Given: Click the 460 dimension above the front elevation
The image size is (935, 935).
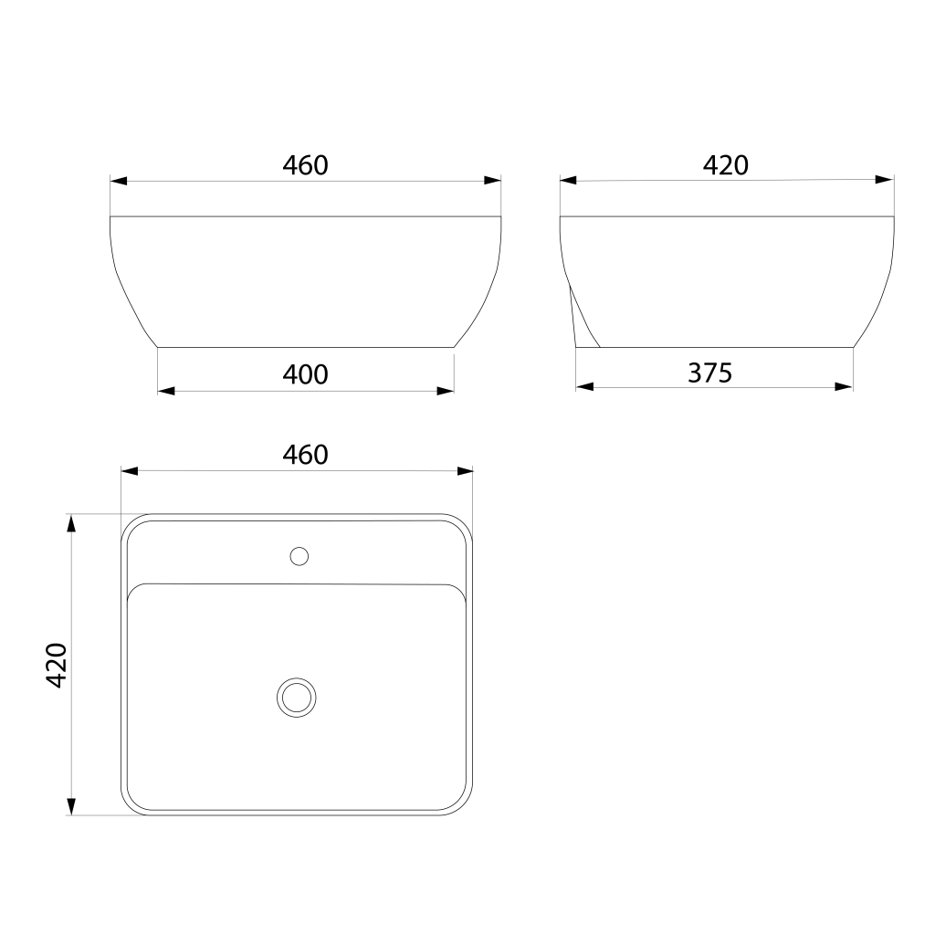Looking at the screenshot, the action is coord(305,165).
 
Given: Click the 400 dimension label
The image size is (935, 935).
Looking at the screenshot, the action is coord(305,374).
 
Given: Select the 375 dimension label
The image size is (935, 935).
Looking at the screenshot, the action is coord(709,373).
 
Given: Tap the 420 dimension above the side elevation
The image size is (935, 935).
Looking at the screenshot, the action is coord(726,165).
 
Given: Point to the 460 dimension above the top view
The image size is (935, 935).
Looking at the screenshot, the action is coord(305,455).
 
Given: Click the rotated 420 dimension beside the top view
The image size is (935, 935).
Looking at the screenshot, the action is coord(57,666).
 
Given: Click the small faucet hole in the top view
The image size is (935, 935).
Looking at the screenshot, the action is coord(299,556).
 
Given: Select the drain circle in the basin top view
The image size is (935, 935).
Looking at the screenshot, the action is coord(297,698).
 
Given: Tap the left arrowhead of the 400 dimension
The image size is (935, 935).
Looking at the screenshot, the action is coord(166,391).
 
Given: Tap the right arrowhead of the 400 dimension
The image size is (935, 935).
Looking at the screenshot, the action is coord(446,391).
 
